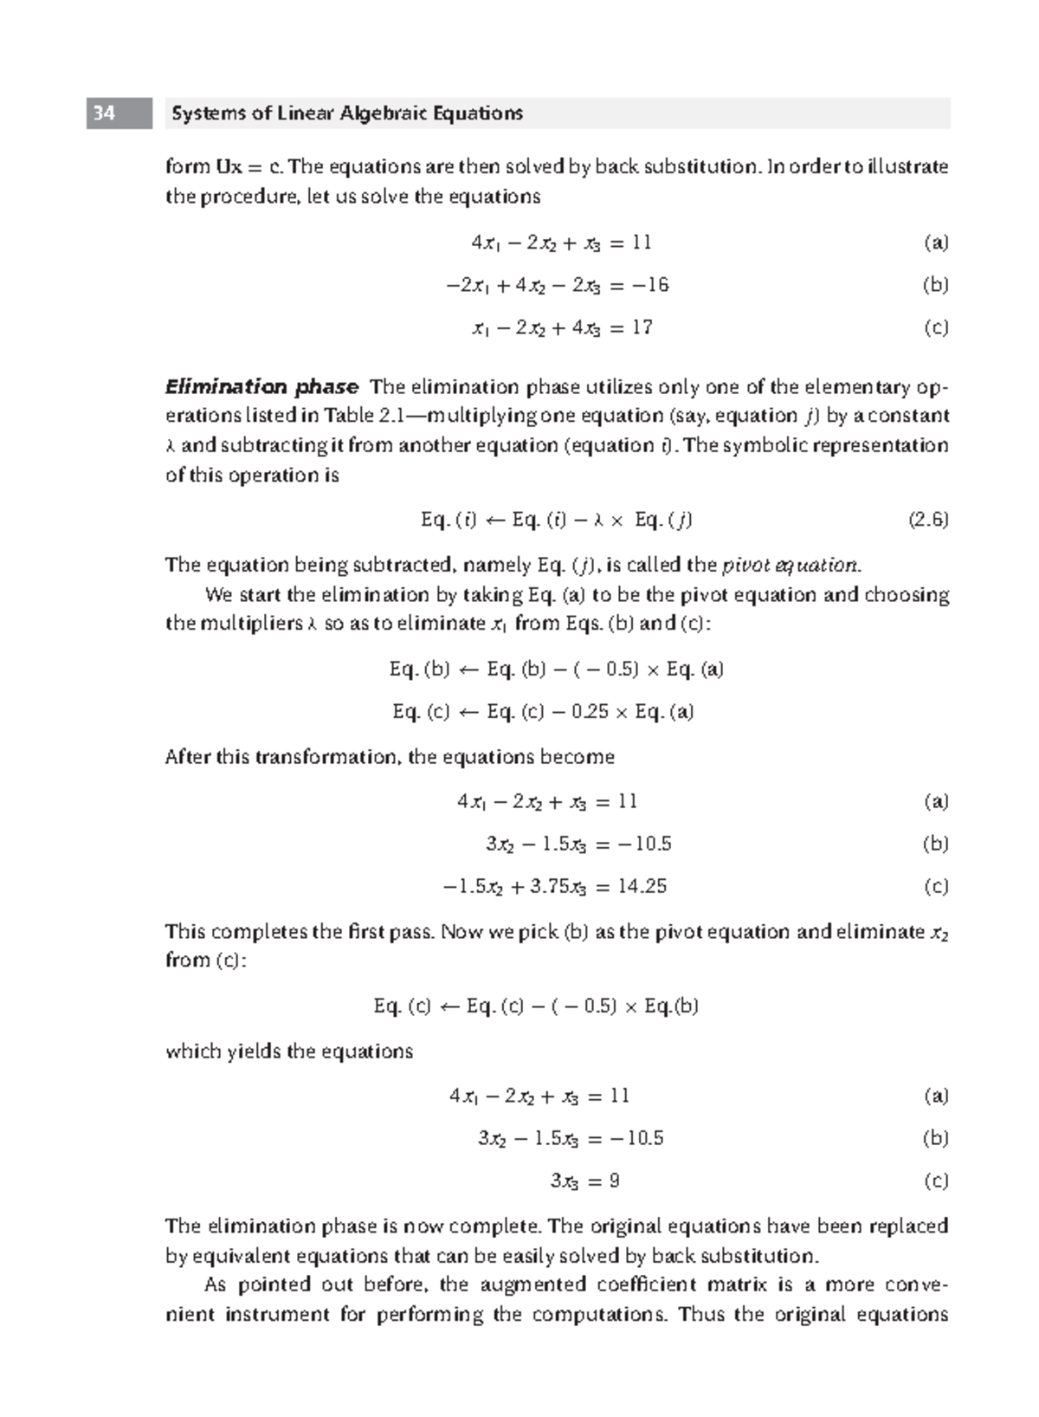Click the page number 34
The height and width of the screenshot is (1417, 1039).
point(105,113)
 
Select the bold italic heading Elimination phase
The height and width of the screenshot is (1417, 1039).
point(261,386)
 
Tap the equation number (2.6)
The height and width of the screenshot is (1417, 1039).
point(928,520)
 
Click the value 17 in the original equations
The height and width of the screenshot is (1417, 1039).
point(642,327)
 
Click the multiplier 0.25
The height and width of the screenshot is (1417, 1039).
point(591,712)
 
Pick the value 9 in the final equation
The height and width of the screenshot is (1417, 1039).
point(614,1181)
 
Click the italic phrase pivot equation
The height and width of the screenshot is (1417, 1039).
point(790,566)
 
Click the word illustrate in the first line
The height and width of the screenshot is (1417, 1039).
point(914,166)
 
